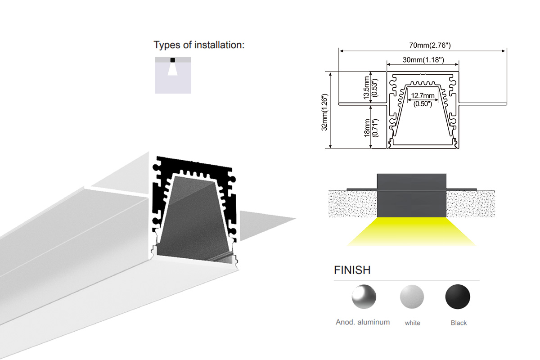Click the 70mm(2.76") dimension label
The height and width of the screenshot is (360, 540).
click(x=430, y=45)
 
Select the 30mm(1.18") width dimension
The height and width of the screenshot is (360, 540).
click(x=423, y=60)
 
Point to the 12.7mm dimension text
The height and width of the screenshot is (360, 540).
click(x=423, y=96)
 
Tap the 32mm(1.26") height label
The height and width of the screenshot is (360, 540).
click(x=325, y=112)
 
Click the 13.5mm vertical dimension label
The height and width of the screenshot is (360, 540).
click(x=366, y=88)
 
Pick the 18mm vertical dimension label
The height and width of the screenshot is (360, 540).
click(x=367, y=128)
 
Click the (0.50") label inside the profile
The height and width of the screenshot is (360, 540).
click(x=423, y=104)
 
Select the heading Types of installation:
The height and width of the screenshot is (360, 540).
click(x=199, y=45)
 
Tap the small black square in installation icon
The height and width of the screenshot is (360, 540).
click(x=173, y=60)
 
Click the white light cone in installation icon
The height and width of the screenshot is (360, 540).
click(x=173, y=69)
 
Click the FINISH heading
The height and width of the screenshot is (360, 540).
click(x=352, y=270)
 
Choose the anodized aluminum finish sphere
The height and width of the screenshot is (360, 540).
click(x=364, y=297)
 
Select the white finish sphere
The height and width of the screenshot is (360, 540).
click(x=412, y=297)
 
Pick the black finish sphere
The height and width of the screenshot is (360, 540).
click(x=458, y=297)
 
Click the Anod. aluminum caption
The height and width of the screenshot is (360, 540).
click(x=363, y=322)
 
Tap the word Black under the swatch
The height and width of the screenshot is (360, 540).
click(x=459, y=323)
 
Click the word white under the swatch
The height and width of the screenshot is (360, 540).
click(x=413, y=323)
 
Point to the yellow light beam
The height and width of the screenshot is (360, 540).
click(x=411, y=231)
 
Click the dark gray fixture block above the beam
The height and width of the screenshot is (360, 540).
click(x=411, y=195)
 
